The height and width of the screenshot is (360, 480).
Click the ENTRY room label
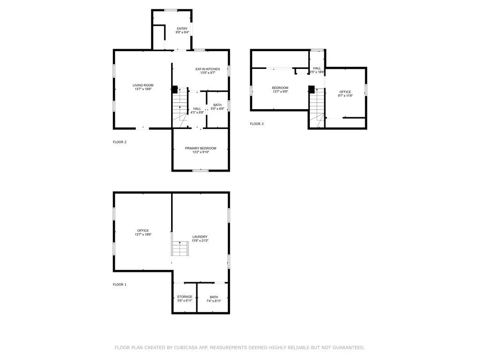point(182,29)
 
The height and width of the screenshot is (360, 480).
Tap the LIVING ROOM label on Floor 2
point(143,85)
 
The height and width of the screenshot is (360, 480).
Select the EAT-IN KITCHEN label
point(208,69)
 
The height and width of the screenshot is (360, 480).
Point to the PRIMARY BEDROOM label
point(201,149)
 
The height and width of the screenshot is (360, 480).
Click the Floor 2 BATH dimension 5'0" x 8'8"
point(217,109)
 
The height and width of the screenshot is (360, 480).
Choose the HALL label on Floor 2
point(197,109)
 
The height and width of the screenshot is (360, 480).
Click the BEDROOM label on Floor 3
point(280,88)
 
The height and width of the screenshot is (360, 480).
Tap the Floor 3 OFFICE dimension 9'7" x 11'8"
point(345,96)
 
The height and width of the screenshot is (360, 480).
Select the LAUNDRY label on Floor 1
point(200,237)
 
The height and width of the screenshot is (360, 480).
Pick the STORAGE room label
point(185,297)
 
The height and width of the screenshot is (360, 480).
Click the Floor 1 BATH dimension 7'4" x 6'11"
point(214,301)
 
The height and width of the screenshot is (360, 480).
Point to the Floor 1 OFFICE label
point(143,231)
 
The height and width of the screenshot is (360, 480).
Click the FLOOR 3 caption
point(256,124)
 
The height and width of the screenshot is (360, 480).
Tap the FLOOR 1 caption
point(120,285)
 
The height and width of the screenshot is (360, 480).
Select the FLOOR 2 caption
point(120,142)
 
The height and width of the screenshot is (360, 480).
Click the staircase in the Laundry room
point(180,248)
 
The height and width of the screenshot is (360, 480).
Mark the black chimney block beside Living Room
point(174,90)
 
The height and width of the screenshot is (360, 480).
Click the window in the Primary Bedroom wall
point(201,170)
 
